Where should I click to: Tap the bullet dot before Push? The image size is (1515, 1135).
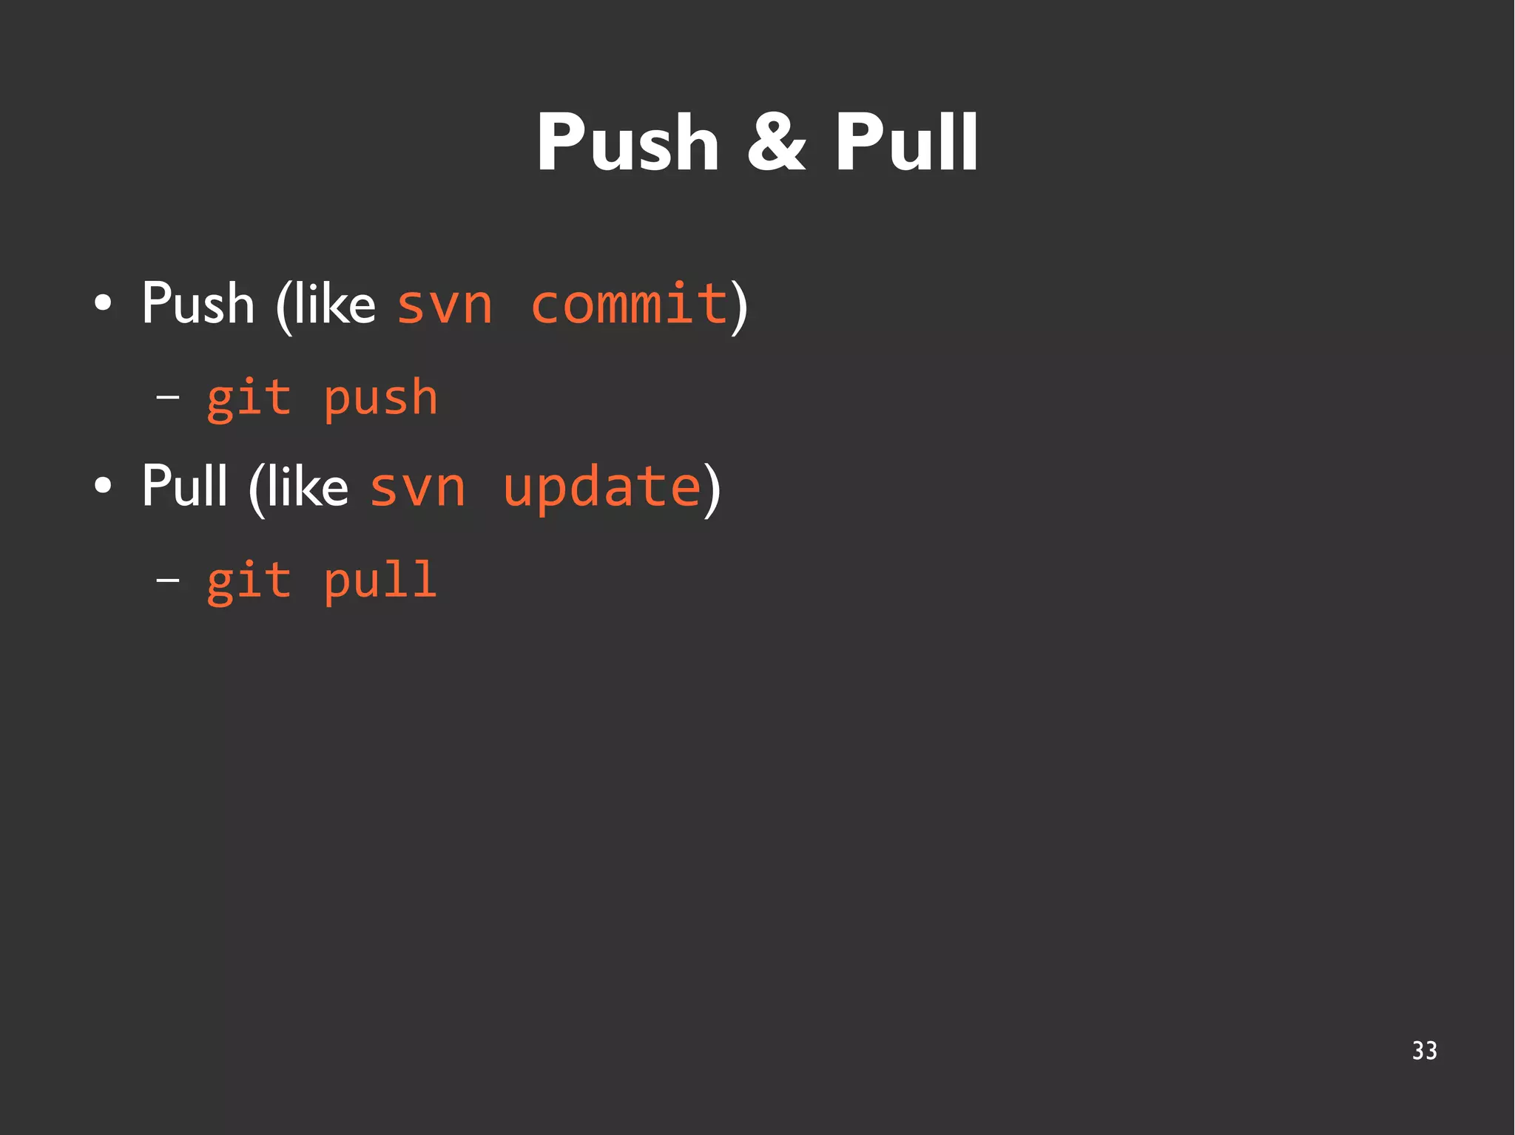[104, 303]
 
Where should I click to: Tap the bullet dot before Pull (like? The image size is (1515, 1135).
[104, 486]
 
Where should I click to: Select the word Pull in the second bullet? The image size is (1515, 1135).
[184, 486]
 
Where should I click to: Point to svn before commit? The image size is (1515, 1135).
[445, 305]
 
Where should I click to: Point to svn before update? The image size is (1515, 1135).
[417, 487]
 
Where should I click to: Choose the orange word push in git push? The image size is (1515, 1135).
[381, 399]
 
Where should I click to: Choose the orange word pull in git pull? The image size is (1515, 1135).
[381, 581]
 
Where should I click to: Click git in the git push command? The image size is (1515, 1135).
[249, 399]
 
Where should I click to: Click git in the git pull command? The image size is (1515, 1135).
[249, 581]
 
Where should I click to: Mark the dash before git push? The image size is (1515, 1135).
[168, 398]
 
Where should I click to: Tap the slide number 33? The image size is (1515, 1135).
[1424, 1051]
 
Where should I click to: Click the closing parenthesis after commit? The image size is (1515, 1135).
[739, 306]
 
